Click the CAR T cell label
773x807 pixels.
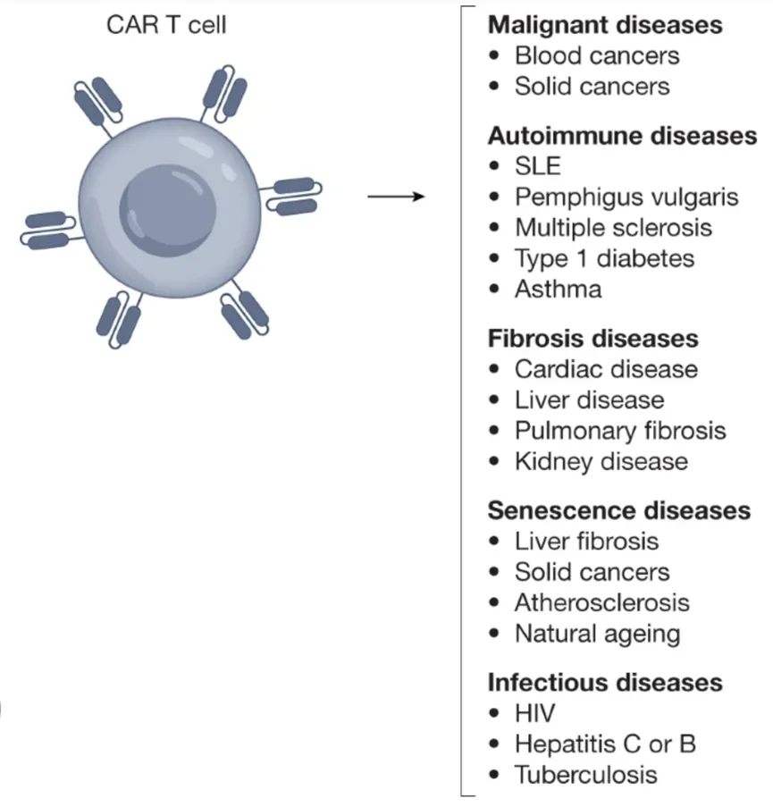pos(166,24)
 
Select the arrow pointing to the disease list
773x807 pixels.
pos(394,196)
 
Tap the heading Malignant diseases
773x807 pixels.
pos(605,25)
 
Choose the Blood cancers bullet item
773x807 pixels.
pos(596,55)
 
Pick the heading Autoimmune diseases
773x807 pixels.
pos(622,136)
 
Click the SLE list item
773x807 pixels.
pos(537,166)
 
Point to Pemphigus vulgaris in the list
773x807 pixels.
pos(626,197)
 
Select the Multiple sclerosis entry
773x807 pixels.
pos(613,227)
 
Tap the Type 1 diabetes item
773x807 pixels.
pos(604,258)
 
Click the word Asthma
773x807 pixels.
pos(558,289)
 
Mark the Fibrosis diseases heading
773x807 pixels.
pos(593,339)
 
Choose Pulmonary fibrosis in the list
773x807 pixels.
pos(620,431)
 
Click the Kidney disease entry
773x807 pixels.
pos(601,461)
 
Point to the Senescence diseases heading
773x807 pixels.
pos(618,510)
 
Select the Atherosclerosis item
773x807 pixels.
pos(601,602)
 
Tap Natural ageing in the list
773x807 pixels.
pos(597,634)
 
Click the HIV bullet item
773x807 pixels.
pos(534,714)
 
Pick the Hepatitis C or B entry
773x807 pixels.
pos(605,744)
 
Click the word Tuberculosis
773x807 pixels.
pos(585,774)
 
